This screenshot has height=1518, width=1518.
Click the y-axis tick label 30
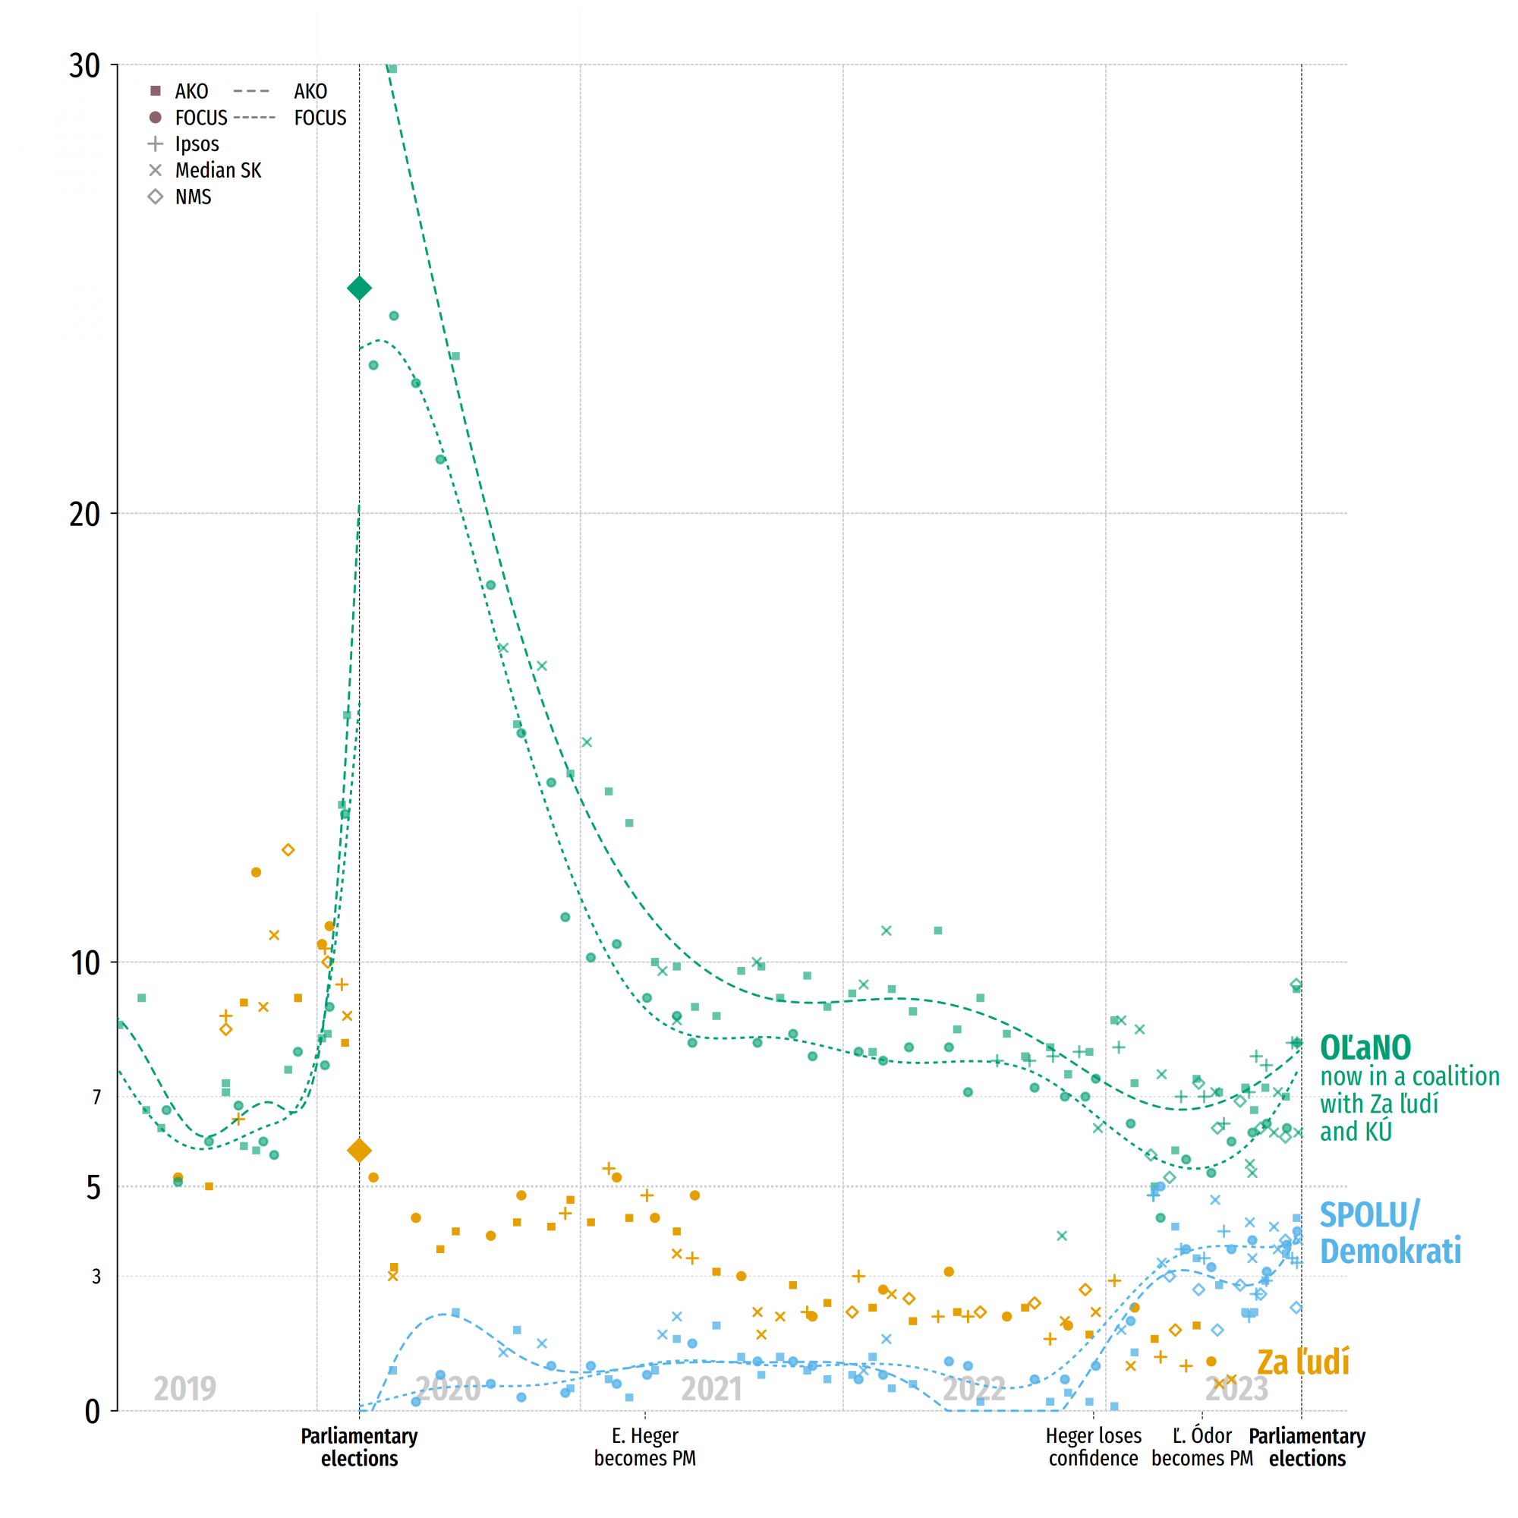tap(85, 66)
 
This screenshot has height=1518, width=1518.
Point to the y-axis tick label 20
tap(85, 515)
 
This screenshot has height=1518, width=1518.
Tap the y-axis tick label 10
tap(86, 963)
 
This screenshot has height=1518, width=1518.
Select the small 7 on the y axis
tap(96, 1098)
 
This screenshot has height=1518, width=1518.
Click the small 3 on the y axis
tap(96, 1277)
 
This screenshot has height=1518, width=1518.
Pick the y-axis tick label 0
tap(93, 1412)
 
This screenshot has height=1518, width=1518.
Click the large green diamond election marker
tap(359, 288)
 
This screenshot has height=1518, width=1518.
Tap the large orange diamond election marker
tap(359, 1151)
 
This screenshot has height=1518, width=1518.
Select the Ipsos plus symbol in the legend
tap(156, 143)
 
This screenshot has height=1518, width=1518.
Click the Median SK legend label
tap(218, 171)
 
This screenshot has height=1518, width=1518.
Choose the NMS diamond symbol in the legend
tap(156, 197)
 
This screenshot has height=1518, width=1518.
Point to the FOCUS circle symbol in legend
tap(156, 118)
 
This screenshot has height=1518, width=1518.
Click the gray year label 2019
tap(184, 1389)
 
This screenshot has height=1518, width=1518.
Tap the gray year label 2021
tap(711, 1389)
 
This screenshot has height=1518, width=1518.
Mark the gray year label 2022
tap(974, 1389)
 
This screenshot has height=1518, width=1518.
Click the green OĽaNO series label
tap(1365, 1048)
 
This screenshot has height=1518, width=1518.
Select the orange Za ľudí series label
tap(1302, 1362)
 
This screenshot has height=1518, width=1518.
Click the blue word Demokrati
tap(1390, 1251)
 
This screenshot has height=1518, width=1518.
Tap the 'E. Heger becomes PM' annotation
tap(645, 1447)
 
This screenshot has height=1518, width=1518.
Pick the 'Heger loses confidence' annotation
tap(1093, 1447)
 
